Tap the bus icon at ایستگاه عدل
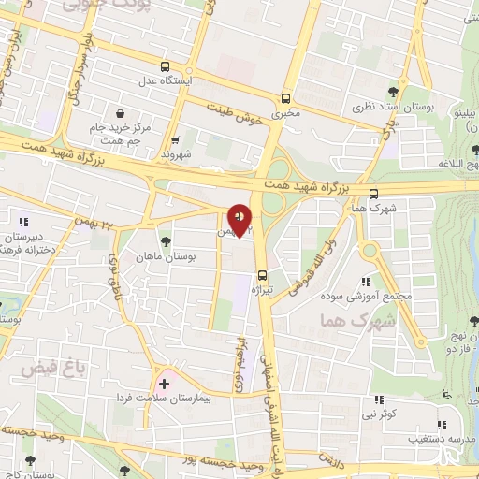[x=166, y=67]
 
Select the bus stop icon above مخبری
[x=285, y=98]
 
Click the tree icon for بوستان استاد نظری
[x=393, y=92]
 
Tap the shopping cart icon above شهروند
[x=176, y=138]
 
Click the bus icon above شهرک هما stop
[x=374, y=194]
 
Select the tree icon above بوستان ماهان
[x=166, y=241]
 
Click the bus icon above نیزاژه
[x=262, y=275]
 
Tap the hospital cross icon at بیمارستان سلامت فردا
[x=165, y=384]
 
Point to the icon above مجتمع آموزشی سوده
[x=367, y=282]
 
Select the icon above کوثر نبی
[x=380, y=397]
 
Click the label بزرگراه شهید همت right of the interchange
[x=305, y=188]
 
